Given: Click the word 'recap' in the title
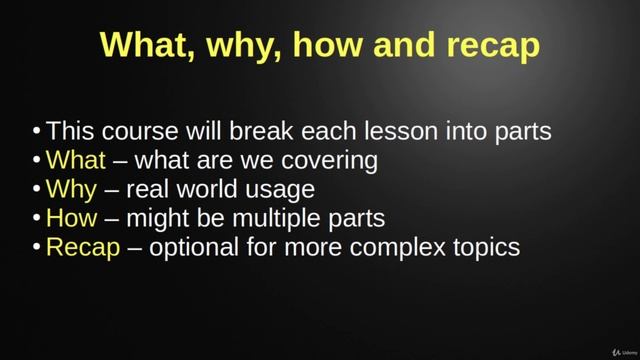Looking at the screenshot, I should pos(487,45).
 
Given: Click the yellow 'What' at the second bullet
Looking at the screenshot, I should pos(75,160).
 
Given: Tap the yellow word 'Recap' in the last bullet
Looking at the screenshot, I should pos(83,247).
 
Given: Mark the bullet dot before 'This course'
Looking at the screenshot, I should pos(37,132).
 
